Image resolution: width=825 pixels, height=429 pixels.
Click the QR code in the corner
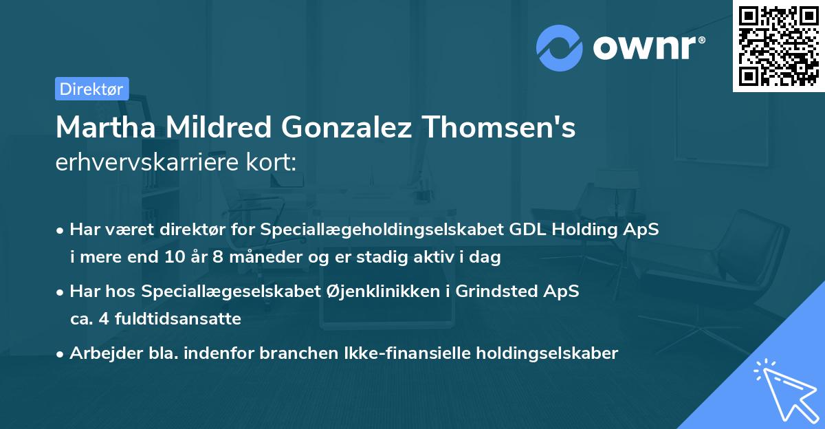point(778,46)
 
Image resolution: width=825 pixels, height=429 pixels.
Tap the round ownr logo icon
point(560,48)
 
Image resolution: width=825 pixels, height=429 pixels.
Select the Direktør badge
point(91,89)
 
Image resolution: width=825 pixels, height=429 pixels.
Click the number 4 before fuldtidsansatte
point(99,319)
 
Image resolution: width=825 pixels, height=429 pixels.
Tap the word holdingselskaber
point(540,353)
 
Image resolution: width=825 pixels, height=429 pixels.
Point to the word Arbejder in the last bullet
point(99,353)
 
